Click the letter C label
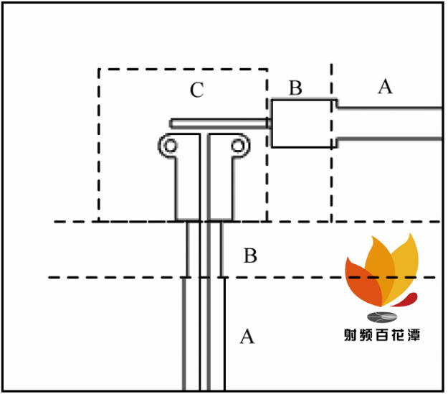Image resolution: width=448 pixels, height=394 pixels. click(197, 90)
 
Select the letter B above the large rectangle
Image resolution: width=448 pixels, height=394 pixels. click(295, 88)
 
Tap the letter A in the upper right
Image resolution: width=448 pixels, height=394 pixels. click(385, 86)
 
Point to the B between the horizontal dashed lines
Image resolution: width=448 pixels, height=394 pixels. click(250, 255)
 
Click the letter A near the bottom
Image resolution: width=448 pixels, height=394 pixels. click(247, 336)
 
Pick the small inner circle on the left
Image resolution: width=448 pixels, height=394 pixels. click(171, 146)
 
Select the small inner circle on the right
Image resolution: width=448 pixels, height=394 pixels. click(238, 146)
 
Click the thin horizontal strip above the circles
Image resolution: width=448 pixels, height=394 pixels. click(220, 123)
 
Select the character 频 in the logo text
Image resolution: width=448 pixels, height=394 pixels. click(366, 334)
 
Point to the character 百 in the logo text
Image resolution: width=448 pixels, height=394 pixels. click(382, 334)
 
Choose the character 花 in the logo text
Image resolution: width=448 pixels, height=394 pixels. click(397, 334)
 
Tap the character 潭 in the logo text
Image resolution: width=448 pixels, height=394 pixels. click(413, 334)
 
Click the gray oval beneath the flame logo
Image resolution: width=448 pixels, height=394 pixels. click(382, 316)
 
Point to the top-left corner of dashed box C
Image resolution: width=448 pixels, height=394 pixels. click(99, 69)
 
